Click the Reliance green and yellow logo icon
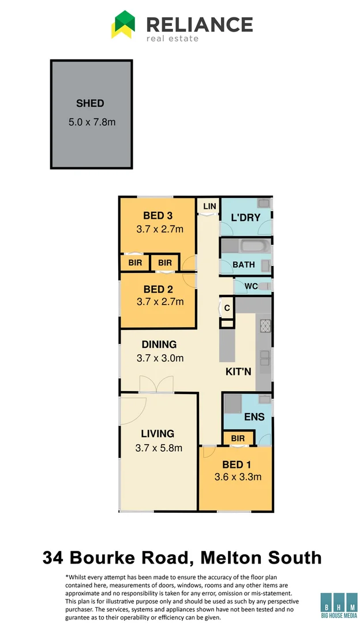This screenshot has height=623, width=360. coord(123,25)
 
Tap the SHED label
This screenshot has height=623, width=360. coord(90,104)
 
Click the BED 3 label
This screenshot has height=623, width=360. coord(157,216)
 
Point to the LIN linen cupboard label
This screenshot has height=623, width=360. coord(209,206)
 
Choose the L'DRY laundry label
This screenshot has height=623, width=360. coord(246,217)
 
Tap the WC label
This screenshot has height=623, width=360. coord(251,286)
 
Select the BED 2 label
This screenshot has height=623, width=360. coord(157,289)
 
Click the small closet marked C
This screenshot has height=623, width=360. coord(227,308)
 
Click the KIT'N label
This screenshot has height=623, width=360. coord(238,372)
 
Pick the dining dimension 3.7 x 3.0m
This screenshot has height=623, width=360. coord(160,358)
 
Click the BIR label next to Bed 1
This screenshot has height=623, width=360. coord(237,439)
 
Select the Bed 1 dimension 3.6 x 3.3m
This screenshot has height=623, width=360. coord(238,477)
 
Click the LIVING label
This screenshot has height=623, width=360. coord(157,434)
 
